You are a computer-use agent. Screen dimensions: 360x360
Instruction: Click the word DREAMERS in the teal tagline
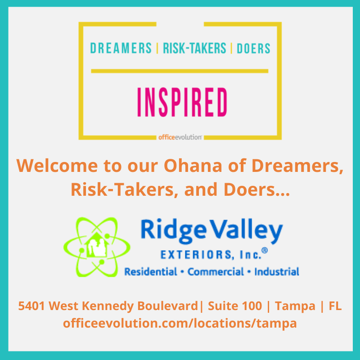pyautogui.click(x=121, y=49)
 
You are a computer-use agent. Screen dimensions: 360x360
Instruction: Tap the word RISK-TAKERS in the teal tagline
pyautogui.click(x=194, y=49)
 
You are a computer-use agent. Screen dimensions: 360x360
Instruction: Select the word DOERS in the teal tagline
pyautogui.click(x=253, y=49)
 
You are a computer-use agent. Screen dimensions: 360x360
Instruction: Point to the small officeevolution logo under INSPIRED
pyautogui.click(x=180, y=137)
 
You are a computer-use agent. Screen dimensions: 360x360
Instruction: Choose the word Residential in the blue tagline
pyautogui.click(x=151, y=272)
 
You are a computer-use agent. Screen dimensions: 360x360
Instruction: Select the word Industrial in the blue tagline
pyautogui.click(x=276, y=272)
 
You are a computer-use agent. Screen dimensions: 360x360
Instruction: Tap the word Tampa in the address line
pyautogui.click(x=295, y=306)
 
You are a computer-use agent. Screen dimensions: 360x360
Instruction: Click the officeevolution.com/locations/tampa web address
pyautogui.click(x=180, y=323)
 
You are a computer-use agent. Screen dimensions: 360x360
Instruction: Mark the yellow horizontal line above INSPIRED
pyautogui.click(x=180, y=71)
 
